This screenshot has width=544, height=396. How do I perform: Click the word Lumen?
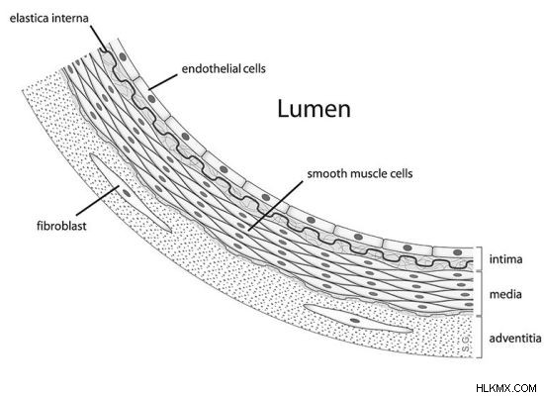pos(314,109)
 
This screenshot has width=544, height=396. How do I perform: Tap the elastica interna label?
pos(48,18)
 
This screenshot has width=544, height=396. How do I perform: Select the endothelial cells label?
pos(224,68)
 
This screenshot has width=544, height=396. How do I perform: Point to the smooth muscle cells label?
pos(360,173)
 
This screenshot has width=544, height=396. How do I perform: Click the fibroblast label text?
pos(61,226)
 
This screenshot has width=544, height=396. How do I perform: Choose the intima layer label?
pos(505,259)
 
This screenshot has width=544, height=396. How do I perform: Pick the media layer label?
pos(505,295)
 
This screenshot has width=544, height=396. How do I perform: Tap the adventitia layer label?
pos(515,338)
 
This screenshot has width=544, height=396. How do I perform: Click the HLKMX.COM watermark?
pos(506,388)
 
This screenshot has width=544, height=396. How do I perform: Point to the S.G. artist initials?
pos(466,344)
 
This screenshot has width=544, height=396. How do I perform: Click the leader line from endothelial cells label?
pos(163,81)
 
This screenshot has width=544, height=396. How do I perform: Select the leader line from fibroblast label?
pos(98,200)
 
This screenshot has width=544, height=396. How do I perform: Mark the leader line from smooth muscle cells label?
pos(276,205)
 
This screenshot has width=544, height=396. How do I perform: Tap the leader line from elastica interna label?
pos(99,39)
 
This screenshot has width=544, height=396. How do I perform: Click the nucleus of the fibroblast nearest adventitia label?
pos(354,321)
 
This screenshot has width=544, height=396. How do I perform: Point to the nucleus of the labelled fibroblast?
pos(127,193)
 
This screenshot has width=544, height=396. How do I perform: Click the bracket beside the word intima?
pos(479,258)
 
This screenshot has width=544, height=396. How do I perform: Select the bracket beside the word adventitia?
pos(480,337)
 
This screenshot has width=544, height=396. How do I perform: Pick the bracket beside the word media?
pos(479,293)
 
